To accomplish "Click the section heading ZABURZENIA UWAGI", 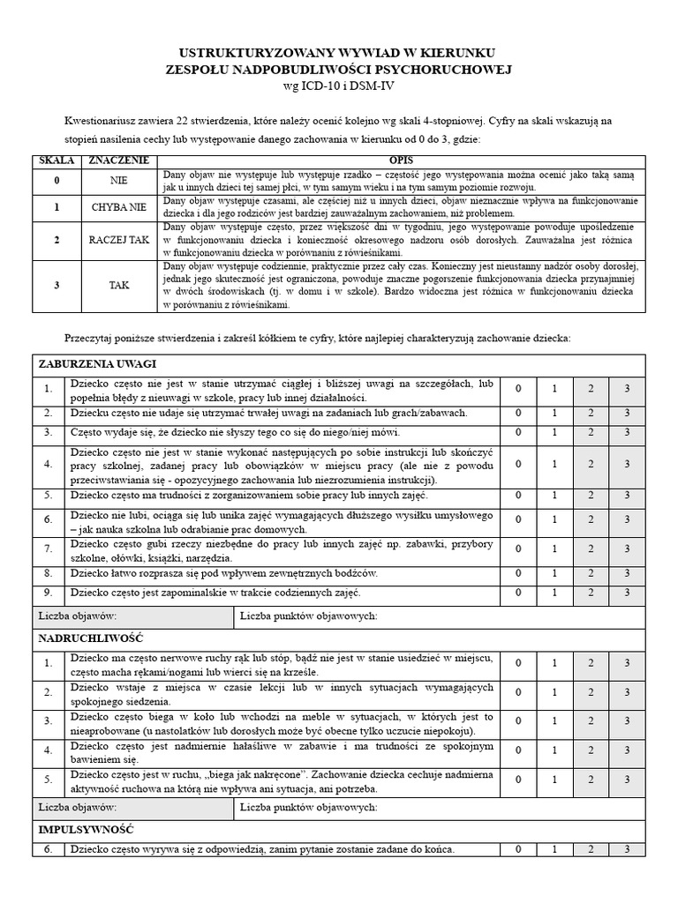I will (98, 364).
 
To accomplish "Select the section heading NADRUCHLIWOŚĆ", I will (91, 637).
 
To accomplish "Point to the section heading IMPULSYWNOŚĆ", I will (86, 830).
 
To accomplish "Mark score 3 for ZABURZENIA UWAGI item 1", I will (626, 388).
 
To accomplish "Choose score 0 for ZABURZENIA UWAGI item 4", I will (518, 464).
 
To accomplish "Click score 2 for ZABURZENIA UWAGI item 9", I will (590, 593).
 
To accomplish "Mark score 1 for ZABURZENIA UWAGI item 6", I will (554, 520).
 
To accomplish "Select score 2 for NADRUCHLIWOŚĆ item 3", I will (590, 720).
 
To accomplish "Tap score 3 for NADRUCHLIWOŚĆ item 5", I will (626, 780).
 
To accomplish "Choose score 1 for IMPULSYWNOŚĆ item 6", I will (554, 850).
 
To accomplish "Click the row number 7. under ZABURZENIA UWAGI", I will (49, 549).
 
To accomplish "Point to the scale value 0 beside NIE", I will (56, 181).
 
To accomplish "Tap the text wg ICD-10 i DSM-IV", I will (338, 86).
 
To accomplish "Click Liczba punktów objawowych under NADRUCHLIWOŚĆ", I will (309, 807).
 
